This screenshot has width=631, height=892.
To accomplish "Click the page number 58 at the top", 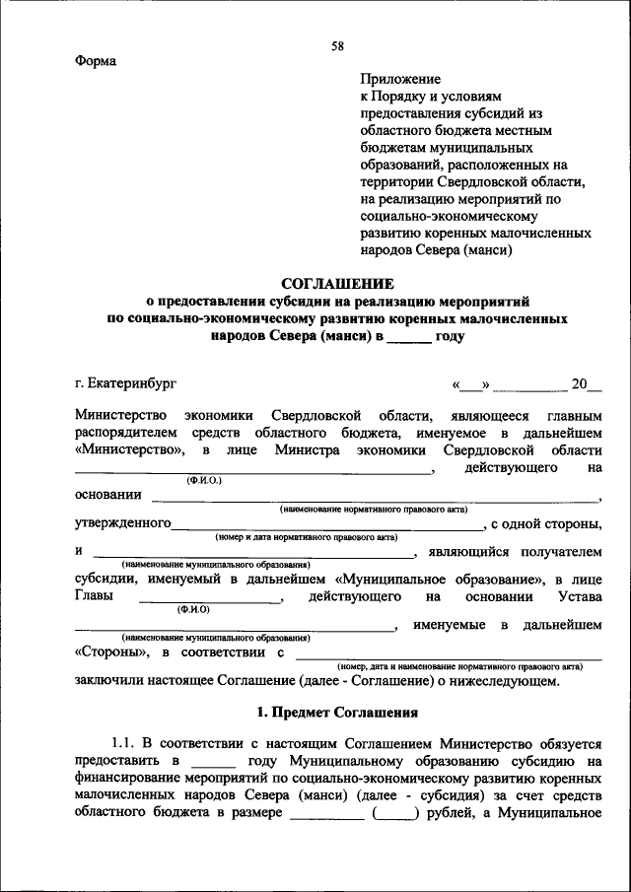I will pos(337,46).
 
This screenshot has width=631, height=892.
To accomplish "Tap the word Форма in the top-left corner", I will pos(96,61).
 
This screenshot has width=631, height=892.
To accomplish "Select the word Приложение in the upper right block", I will pos(400,78).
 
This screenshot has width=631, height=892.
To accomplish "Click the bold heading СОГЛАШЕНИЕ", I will pos(337,283).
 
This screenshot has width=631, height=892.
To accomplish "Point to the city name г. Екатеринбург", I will pos(127,382).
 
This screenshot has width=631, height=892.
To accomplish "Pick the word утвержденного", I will pos(123,522).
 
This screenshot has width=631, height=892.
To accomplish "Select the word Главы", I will pos(94,596).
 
